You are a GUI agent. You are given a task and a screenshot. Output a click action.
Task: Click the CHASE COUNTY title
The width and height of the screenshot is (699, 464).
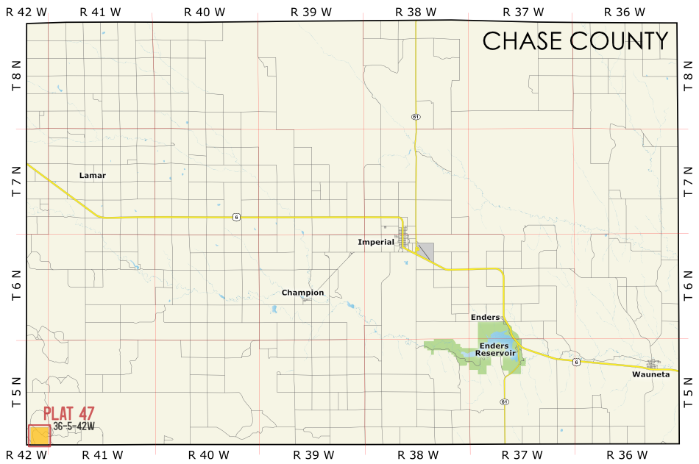coord(575,41)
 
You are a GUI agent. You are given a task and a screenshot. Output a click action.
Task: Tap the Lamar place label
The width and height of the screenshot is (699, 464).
coord(93,175)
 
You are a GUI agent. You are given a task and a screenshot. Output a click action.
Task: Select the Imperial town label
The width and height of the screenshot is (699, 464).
coord(376,242)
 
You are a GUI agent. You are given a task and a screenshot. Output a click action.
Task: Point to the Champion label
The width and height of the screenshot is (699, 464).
coord(302,293)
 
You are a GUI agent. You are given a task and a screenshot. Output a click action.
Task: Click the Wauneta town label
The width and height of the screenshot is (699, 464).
coord(650,374)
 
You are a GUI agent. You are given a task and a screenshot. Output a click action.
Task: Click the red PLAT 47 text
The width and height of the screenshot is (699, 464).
coord(69,414)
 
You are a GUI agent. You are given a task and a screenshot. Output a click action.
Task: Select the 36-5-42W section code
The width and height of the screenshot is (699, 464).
coord(74,426)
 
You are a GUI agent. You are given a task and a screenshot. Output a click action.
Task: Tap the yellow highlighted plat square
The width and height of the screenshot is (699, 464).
coord(39,435)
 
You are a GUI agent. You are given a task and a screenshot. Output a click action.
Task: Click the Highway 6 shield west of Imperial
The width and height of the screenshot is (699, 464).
coord(235,217)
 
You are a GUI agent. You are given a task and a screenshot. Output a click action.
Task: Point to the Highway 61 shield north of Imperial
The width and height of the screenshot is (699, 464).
coord(416,117)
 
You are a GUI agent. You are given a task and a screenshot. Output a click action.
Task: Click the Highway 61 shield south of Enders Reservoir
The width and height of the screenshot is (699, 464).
coord(504,401)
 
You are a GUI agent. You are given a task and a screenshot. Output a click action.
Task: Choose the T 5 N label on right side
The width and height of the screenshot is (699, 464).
coord(688,393)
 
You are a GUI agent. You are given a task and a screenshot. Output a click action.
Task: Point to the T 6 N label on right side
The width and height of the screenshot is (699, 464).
coord(688,288)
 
